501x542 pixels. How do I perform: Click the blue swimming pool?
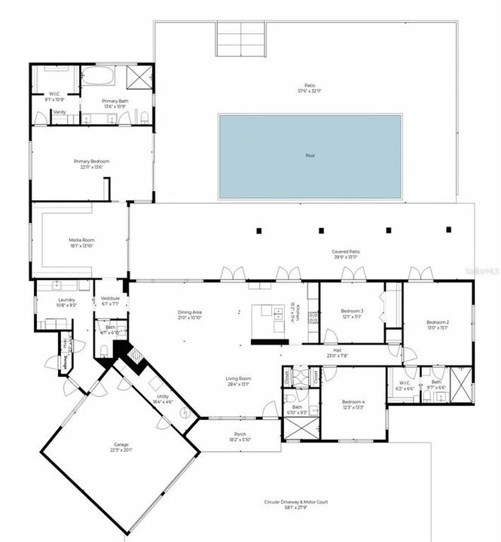point(310,157)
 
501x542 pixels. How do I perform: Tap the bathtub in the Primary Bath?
point(97,76)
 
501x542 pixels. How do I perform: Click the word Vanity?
point(59,112)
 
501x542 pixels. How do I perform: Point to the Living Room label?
point(238,379)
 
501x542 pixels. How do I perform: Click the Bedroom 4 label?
point(353,402)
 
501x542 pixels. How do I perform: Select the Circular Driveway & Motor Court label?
point(295,502)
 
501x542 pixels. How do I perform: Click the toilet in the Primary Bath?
point(143,117)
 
